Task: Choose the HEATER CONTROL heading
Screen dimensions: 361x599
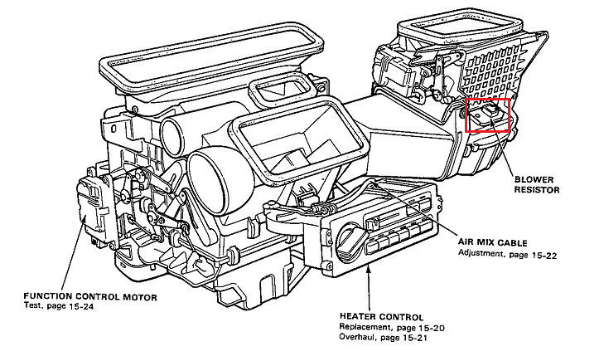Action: (381, 317)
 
